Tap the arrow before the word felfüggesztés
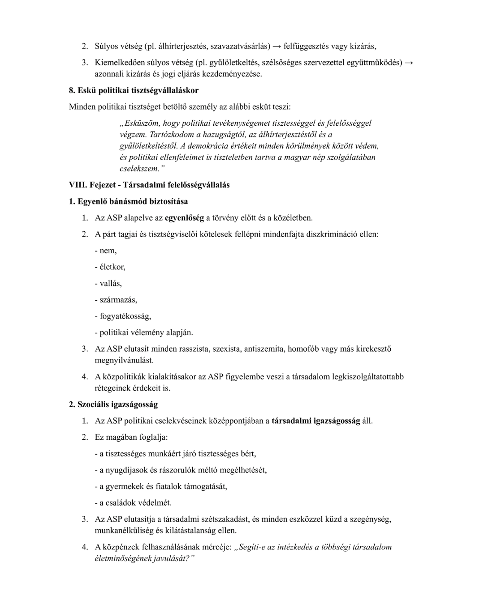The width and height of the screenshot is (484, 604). (277, 46)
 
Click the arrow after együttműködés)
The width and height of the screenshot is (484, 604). (408, 62)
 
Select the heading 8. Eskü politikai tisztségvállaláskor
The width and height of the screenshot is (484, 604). (134, 90)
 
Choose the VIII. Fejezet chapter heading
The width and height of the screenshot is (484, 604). (149, 185)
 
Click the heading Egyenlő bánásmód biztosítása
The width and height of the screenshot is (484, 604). (133, 201)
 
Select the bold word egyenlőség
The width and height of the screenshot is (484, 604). (184, 218)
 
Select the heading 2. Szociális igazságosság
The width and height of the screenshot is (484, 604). (113, 404)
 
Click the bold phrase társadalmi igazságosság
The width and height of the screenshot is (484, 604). (315, 421)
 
